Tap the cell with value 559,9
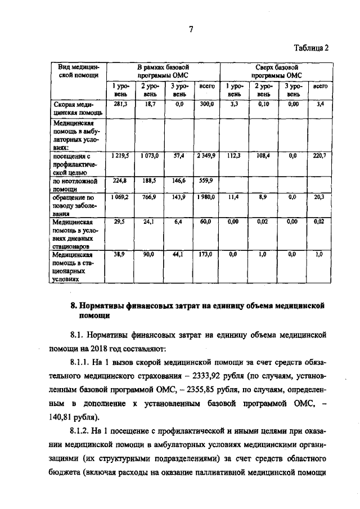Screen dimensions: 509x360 [x=205, y=181]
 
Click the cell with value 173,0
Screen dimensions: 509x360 [x=205, y=255]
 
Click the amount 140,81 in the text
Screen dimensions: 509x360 [x=82, y=417]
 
